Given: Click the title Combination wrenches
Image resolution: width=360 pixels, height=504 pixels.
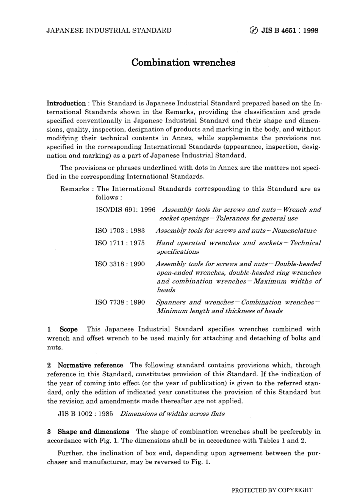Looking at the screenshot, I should [183, 62].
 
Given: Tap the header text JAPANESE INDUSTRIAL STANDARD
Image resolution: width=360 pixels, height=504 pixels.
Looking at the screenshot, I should [109, 30].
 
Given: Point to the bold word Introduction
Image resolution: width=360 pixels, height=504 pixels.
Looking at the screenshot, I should [66, 103].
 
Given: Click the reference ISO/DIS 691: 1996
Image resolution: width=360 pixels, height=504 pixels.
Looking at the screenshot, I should [125, 209].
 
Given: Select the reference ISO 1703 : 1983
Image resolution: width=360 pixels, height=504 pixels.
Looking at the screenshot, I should [120, 231].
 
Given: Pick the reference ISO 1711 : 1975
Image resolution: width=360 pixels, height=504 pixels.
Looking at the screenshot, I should [120, 243].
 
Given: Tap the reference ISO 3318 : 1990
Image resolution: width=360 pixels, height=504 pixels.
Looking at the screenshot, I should [120, 264].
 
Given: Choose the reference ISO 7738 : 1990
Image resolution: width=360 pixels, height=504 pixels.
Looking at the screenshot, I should [120, 302].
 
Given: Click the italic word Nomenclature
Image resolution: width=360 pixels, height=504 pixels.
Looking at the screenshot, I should [294, 231].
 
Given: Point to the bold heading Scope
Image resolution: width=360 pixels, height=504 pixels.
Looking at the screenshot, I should [69, 329].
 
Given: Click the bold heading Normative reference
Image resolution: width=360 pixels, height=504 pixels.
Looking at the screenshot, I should [90, 365].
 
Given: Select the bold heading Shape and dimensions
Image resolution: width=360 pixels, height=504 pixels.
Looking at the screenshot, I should [93, 432].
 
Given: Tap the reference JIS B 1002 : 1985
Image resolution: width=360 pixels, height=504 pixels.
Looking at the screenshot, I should [85, 413].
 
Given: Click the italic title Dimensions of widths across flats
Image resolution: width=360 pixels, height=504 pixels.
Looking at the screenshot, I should [172, 413].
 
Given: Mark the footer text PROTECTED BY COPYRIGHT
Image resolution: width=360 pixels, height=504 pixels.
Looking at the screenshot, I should [272, 490].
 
